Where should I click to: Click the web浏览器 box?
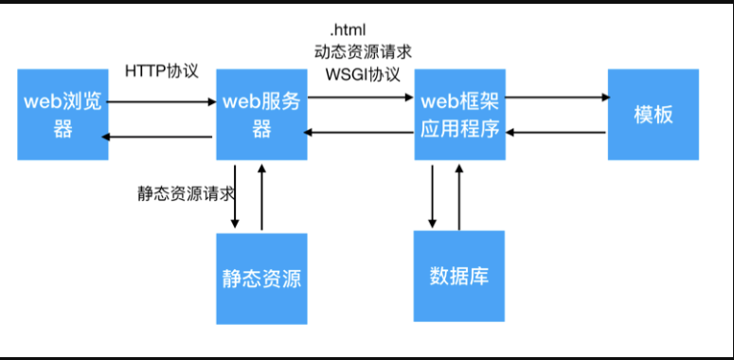click(x=63, y=114)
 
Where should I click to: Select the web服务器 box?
click(x=261, y=114)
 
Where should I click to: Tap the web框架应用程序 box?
click(x=459, y=114)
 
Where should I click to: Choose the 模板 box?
click(x=653, y=114)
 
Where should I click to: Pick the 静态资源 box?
click(x=261, y=278)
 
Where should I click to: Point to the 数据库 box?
click(x=459, y=276)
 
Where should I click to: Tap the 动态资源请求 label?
click(x=363, y=51)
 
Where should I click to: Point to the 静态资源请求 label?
click(x=185, y=191)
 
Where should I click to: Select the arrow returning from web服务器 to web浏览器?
click(x=158, y=137)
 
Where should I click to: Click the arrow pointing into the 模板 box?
click(x=558, y=97)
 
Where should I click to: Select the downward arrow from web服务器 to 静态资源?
click(x=236, y=196)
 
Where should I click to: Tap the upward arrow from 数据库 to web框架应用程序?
click(x=459, y=196)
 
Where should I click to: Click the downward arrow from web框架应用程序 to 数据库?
click(x=433, y=196)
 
